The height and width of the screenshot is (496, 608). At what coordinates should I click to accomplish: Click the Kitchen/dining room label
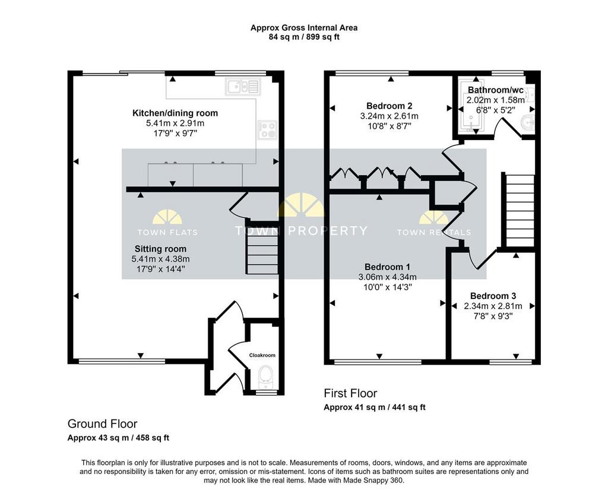(175, 113)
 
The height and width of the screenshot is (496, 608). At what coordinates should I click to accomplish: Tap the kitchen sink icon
(243, 87)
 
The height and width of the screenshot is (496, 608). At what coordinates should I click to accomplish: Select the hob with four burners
(268, 129)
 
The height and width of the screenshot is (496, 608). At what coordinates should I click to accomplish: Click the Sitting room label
(160, 249)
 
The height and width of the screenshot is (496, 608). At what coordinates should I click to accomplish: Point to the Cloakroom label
(262, 355)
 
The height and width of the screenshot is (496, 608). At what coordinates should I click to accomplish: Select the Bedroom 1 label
(387, 267)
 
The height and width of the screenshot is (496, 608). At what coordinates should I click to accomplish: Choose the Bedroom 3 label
(493, 297)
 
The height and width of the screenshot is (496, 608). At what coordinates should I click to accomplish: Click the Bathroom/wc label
(496, 90)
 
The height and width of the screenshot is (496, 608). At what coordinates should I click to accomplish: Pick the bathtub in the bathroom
(470, 107)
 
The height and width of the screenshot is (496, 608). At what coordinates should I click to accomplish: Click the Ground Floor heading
(102, 424)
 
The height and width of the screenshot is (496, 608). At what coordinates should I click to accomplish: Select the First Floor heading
(350, 394)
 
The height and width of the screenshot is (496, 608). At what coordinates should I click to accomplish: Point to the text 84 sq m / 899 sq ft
(304, 37)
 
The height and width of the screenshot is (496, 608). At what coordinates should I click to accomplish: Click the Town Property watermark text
(301, 231)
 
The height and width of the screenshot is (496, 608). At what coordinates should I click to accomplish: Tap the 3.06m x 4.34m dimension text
(387, 277)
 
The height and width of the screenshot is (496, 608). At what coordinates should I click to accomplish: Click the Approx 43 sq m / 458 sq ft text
(118, 438)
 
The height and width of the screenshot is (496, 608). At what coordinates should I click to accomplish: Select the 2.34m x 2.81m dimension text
(493, 306)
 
